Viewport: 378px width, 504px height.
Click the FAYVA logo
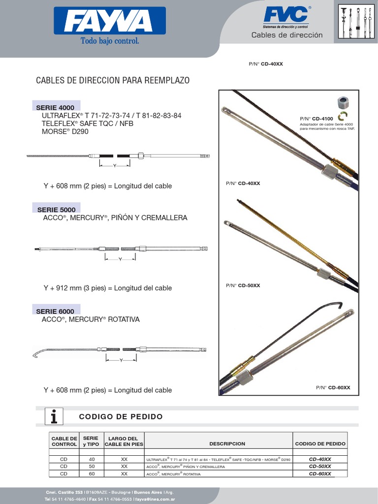point(109,23)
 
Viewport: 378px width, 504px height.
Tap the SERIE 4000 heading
point(55,107)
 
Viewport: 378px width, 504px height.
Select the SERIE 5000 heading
point(56,209)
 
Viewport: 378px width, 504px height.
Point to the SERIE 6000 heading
point(55,311)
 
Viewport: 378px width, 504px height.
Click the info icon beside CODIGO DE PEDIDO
point(57,416)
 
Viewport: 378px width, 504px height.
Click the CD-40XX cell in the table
point(320,459)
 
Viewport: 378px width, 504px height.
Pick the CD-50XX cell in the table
point(320,466)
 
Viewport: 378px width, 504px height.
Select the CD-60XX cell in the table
point(320,473)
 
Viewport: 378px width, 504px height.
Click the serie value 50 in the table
point(91,466)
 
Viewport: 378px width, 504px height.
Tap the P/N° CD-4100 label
point(316,119)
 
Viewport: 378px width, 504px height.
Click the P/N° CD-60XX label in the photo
point(333,387)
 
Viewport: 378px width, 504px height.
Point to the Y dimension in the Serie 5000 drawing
point(120,259)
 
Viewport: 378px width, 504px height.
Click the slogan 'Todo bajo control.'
point(110,41)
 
